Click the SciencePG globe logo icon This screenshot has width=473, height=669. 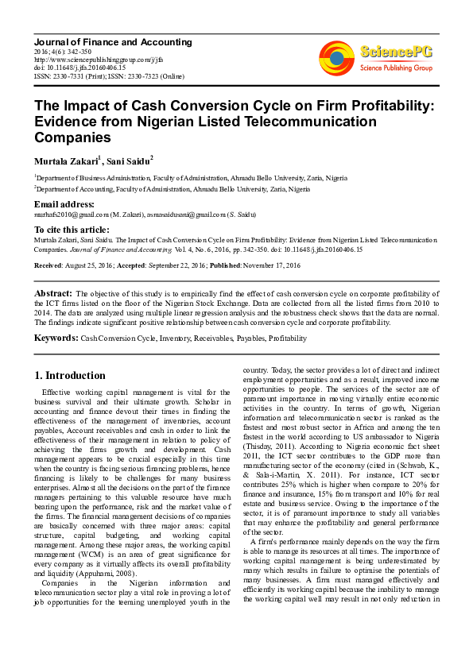coord(336,56)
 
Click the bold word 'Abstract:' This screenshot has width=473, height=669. coord(54,293)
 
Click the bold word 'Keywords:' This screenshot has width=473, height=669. coord(56,338)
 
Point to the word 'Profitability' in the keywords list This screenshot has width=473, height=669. coord(287,338)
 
